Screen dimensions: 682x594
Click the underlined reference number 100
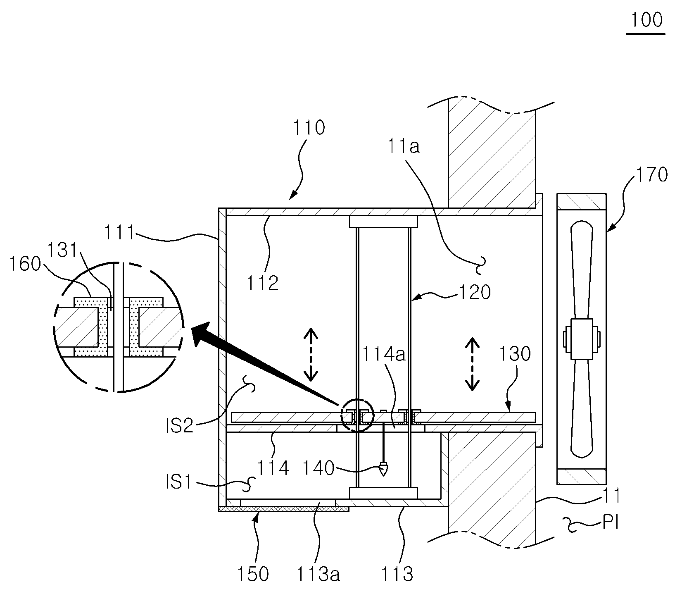click(x=646, y=20)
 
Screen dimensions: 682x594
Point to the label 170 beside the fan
click(x=651, y=174)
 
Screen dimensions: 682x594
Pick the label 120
click(x=475, y=293)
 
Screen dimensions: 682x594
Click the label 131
click(x=62, y=250)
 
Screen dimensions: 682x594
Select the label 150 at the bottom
click(x=252, y=574)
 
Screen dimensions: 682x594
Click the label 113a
click(x=317, y=574)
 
